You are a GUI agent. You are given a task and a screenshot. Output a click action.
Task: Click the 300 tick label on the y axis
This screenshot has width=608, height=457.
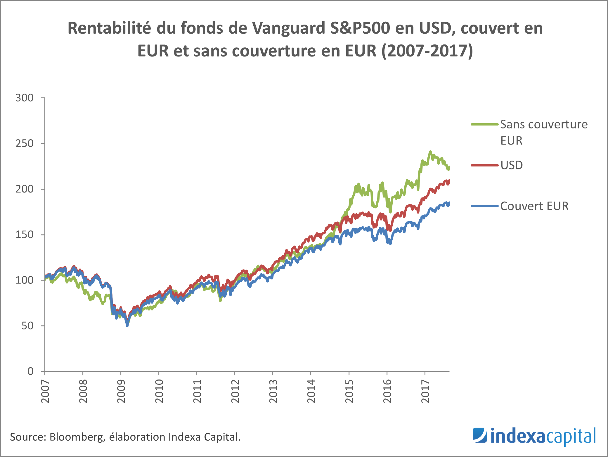tap(25, 98)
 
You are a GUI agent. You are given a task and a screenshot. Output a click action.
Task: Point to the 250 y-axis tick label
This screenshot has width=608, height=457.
tap(25, 144)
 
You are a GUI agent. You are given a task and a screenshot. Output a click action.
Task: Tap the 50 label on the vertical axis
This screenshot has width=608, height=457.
tap(27, 326)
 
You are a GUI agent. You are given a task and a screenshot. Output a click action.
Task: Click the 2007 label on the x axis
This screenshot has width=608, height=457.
tap(45, 391)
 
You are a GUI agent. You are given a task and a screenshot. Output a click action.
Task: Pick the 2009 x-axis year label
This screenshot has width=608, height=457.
tap(121, 391)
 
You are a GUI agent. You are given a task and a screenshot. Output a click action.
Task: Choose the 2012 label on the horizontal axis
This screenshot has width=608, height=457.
tap(235, 391)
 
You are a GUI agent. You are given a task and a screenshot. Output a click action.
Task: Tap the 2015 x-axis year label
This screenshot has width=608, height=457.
tap(349, 391)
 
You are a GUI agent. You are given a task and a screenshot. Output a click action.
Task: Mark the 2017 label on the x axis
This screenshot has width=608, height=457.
tap(425, 391)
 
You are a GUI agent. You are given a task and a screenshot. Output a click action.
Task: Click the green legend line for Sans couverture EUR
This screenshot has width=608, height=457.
tap(484, 124)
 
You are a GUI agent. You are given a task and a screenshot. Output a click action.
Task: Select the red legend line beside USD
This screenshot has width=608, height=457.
tap(484, 165)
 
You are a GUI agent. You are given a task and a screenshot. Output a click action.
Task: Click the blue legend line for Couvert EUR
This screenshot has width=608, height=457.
tap(484, 206)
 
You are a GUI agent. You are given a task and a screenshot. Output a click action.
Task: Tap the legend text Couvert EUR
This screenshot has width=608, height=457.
tap(534, 206)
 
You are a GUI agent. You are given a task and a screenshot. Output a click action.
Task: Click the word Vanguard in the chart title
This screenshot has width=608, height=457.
tap(288, 28)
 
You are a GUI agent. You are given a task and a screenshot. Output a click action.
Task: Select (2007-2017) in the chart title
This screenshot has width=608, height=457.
tap(427, 51)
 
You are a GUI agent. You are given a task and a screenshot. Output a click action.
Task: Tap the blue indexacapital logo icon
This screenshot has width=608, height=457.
tap(480, 435)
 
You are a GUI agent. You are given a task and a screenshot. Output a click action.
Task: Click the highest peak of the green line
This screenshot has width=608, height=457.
tap(430, 152)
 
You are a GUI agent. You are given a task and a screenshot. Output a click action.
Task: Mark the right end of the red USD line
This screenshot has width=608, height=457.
tap(449, 181)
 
